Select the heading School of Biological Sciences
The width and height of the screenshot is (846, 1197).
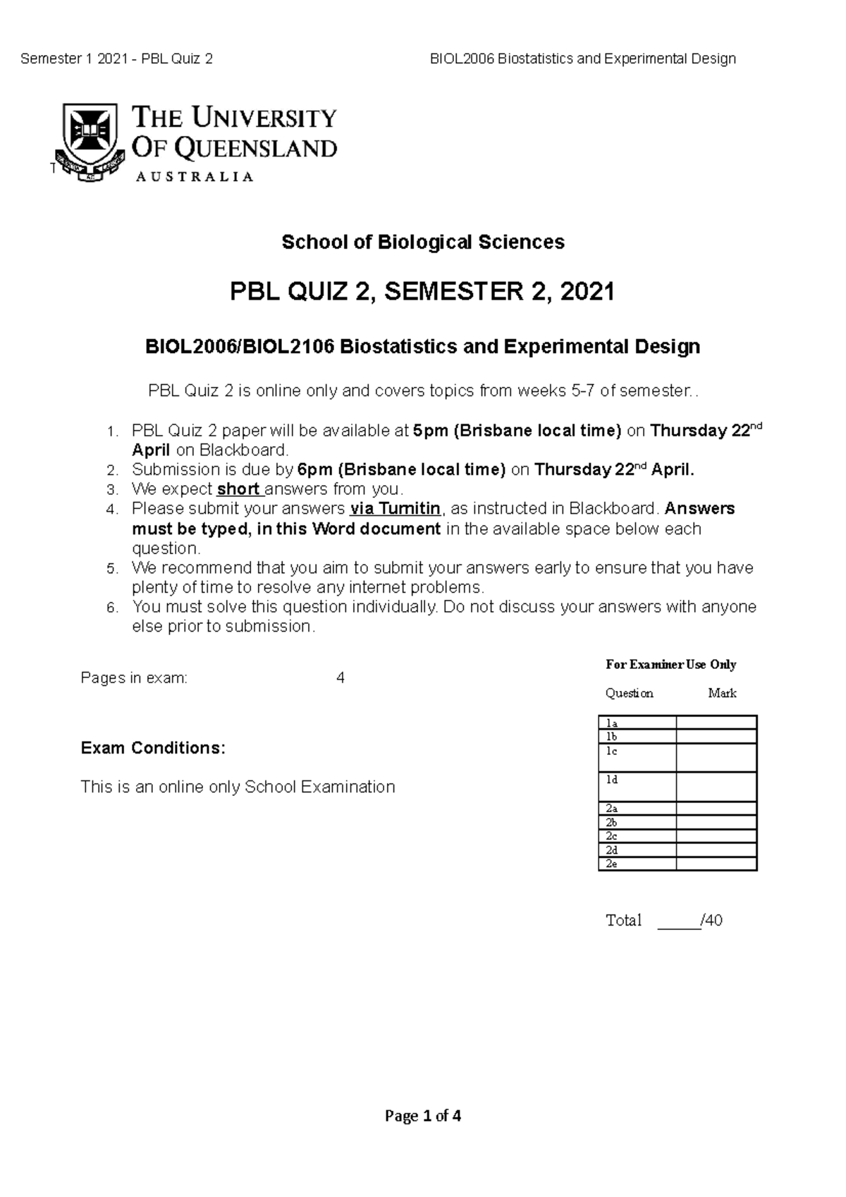click(x=423, y=243)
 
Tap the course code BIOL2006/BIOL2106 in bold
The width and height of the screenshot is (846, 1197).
click(x=239, y=347)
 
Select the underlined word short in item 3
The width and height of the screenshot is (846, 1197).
click(x=239, y=489)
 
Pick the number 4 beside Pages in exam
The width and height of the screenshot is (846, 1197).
click(x=341, y=678)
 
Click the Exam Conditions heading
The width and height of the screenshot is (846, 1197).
click(x=153, y=748)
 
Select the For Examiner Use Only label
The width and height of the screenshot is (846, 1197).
click(x=670, y=664)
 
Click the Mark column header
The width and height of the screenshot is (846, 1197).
click(x=722, y=694)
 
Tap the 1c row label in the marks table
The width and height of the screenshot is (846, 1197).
click(x=611, y=751)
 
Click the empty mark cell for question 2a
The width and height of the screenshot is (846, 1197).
click(x=716, y=809)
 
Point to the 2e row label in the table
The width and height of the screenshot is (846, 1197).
click(x=611, y=864)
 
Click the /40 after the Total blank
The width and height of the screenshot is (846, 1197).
click(x=712, y=921)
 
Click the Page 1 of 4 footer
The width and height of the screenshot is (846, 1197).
click(x=423, y=1116)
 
